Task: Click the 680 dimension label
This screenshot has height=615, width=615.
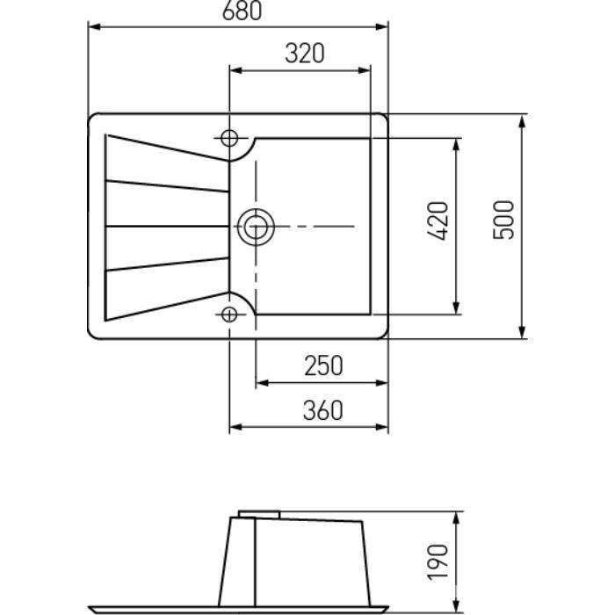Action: click(x=242, y=11)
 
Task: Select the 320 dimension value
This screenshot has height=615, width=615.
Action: click(x=305, y=54)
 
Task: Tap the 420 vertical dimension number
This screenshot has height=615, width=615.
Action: click(x=438, y=221)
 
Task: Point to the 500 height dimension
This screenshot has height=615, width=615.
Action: click(x=503, y=220)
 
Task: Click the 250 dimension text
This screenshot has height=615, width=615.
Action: click(x=323, y=365)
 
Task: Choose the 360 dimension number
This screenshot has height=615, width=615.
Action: click(x=322, y=410)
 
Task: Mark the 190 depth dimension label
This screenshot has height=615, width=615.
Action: click(x=438, y=562)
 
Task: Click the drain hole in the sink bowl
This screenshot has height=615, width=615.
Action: click(x=256, y=227)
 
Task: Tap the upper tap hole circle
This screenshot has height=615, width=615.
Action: click(x=229, y=138)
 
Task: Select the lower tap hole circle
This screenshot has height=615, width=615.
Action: click(x=229, y=315)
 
